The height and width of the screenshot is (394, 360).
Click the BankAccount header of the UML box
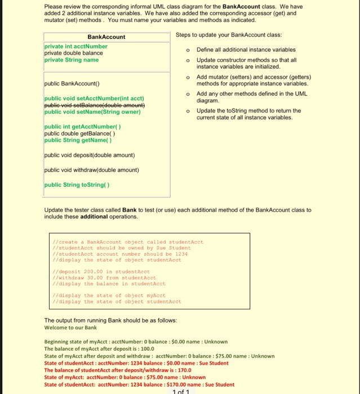(106, 37)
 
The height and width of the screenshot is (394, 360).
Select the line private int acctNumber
(76, 46)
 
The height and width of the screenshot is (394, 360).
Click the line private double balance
(73, 53)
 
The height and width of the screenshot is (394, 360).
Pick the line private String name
(71, 60)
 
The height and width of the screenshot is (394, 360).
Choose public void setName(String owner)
(92, 111)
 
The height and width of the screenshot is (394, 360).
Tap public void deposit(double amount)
(89, 155)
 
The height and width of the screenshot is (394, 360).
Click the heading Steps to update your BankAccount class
(229, 35)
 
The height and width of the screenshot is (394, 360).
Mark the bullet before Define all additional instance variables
(188, 50)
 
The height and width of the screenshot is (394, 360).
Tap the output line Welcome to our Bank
(70, 328)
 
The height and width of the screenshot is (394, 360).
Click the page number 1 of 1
(180, 391)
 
